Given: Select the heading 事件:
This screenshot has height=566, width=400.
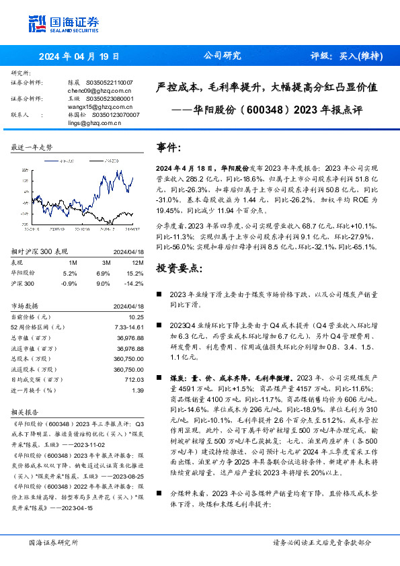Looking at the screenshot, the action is [x=169, y=147].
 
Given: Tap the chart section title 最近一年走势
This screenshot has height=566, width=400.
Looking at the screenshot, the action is [x=32, y=147].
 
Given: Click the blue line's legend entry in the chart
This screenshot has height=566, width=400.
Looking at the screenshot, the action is [x=65, y=161].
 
